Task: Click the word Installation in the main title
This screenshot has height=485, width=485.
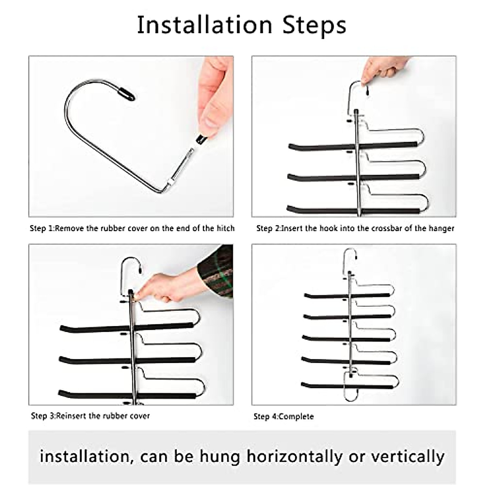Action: click(205, 25)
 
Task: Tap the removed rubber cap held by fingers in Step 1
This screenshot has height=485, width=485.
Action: click(201, 139)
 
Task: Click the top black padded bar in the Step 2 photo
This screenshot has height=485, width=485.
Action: click(352, 146)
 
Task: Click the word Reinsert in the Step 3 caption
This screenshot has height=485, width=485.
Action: click(71, 416)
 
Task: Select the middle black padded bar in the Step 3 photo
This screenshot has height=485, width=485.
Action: click(127, 360)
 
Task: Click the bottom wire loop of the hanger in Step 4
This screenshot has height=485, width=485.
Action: click(350, 400)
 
